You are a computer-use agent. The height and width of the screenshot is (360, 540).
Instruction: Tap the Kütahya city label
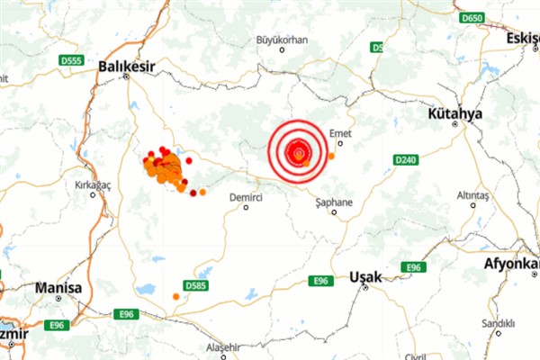click(455, 114)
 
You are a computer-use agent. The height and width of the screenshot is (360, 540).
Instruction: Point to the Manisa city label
click(58, 288)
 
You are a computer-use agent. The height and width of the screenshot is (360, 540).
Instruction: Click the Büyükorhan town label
click(283, 40)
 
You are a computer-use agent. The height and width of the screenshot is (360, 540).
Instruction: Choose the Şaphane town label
click(335, 202)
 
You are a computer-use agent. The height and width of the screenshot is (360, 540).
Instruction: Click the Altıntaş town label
click(472, 194)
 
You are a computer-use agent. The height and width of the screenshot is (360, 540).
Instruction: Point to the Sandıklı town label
click(497, 322)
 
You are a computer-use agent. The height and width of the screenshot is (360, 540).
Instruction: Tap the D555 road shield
click(73, 60)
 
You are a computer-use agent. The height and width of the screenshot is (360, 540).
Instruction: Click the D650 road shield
click(471, 18)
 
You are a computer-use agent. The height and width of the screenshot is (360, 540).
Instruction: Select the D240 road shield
click(406, 159)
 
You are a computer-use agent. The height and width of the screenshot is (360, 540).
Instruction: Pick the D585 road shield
click(195, 285)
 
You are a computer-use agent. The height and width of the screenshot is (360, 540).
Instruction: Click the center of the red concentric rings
click(298, 152)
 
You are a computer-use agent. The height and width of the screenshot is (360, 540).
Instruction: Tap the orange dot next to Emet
click(331, 156)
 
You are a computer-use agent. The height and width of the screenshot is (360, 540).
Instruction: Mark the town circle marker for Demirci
click(245, 207)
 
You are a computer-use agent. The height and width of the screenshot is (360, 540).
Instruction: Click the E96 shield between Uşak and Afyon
click(413, 267)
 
